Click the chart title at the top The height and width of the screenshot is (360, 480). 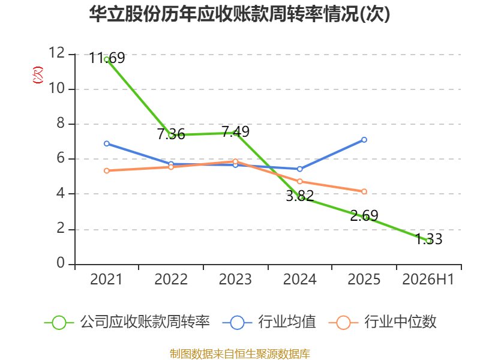click(x=239, y=14)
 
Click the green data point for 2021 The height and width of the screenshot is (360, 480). click(x=107, y=59)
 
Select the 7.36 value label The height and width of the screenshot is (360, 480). click(x=171, y=134)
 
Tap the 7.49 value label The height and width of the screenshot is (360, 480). click(x=235, y=131)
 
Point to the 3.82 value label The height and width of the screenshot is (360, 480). click(x=299, y=196)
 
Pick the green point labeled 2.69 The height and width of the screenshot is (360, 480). click(x=364, y=217)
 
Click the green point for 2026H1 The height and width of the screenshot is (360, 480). click(x=428, y=241)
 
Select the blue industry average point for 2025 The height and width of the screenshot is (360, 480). click(x=364, y=140)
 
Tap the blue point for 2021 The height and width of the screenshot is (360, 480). click(x=107, y=143)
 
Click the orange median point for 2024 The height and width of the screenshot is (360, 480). click(x=299, y=182)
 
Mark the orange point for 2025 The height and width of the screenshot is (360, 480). click(x=364, y=191)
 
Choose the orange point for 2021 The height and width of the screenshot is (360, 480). click(x=107, y=170)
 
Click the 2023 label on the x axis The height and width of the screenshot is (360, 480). click(x=235, y=279)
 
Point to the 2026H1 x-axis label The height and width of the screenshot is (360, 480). click(x=428, y=279)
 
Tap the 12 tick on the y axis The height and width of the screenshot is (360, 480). click(x=57, y=53)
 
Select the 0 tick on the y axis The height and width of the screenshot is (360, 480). click(x=61, y=263)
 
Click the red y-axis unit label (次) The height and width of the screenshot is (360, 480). click(x=38, y=75)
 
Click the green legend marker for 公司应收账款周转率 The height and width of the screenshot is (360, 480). click(x=59, y=323)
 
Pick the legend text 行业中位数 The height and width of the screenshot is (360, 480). click(x=400, y=322)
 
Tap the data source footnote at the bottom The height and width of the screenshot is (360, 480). click(x=240, y=353)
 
